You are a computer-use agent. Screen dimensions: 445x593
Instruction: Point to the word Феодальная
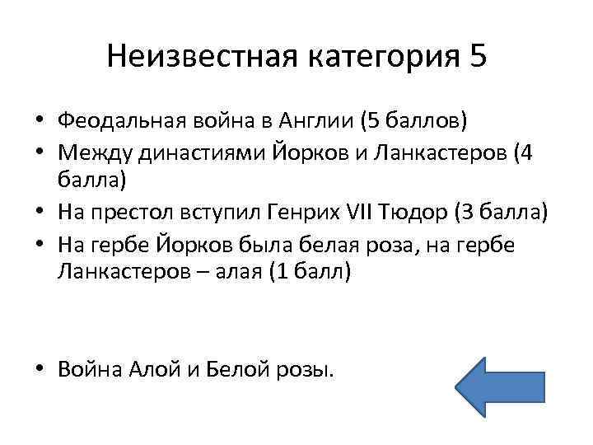122,123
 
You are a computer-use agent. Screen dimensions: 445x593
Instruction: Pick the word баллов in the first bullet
421,123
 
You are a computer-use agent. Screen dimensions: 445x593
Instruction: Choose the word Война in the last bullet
91,368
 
